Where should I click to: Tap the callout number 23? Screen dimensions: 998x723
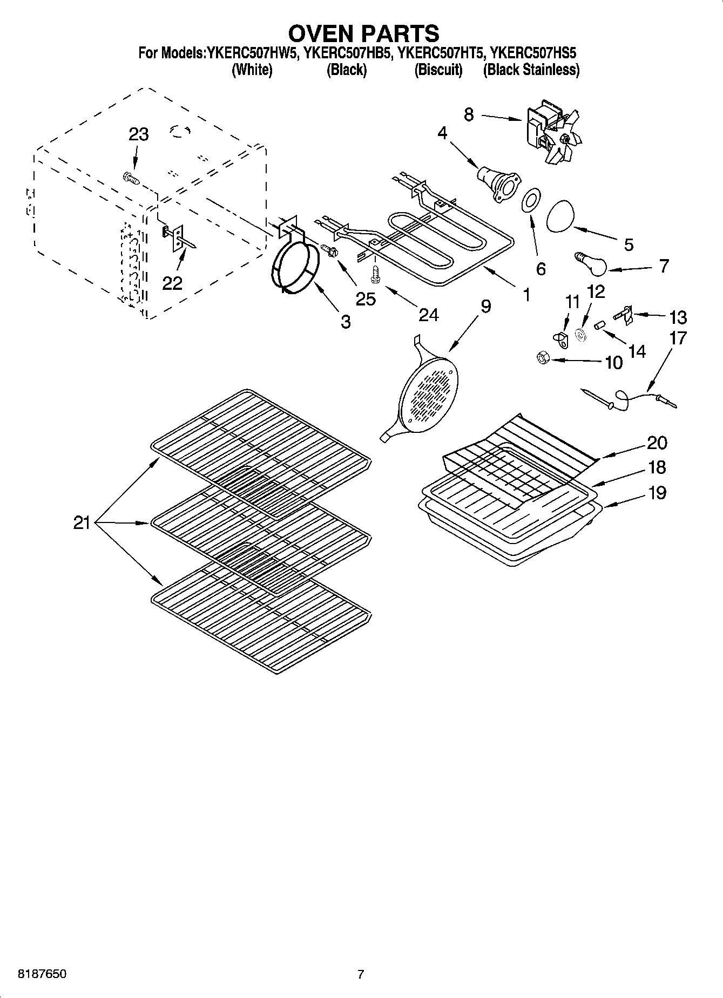138,134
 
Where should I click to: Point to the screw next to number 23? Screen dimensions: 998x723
130,178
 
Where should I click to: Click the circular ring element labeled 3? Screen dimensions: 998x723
294,268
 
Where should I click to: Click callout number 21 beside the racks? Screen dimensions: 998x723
82,522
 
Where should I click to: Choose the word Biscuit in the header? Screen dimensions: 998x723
438,70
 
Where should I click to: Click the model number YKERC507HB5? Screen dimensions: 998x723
346,53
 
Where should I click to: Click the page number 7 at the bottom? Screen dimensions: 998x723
361,974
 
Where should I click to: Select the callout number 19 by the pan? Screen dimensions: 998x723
657,493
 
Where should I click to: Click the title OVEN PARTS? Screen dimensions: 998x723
363,33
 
